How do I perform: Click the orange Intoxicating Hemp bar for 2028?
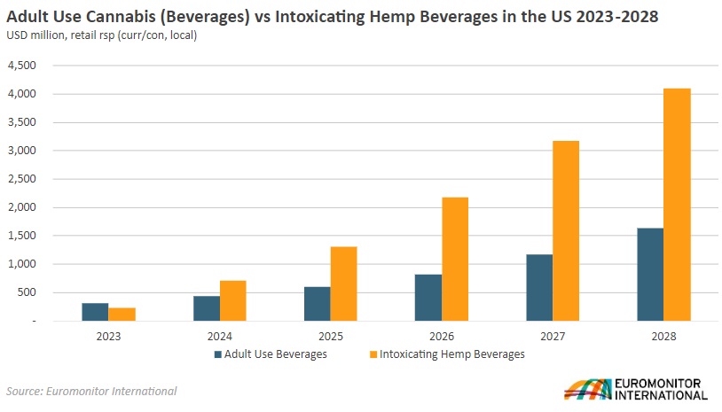coord(677,205)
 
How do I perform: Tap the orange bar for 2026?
coord(455,259)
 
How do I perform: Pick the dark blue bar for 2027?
coord(539,287)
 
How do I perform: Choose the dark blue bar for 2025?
coord(318,304)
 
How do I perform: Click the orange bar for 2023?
coord(122,314)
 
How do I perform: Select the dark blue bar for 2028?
coord(650,274)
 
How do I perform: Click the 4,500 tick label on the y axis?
coord(21,66)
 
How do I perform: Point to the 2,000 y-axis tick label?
coord(21,207)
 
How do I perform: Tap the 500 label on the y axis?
coord(27,292)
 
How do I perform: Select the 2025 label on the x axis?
coord(330,337)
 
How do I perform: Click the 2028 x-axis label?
coord(663,337)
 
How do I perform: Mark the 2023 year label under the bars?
coord(108,337)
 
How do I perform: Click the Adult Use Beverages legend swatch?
coord(217,354)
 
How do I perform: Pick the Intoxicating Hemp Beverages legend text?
coord(451,354)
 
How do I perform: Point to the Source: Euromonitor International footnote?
coord(91,391)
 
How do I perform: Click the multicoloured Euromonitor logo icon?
coord(587,389)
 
